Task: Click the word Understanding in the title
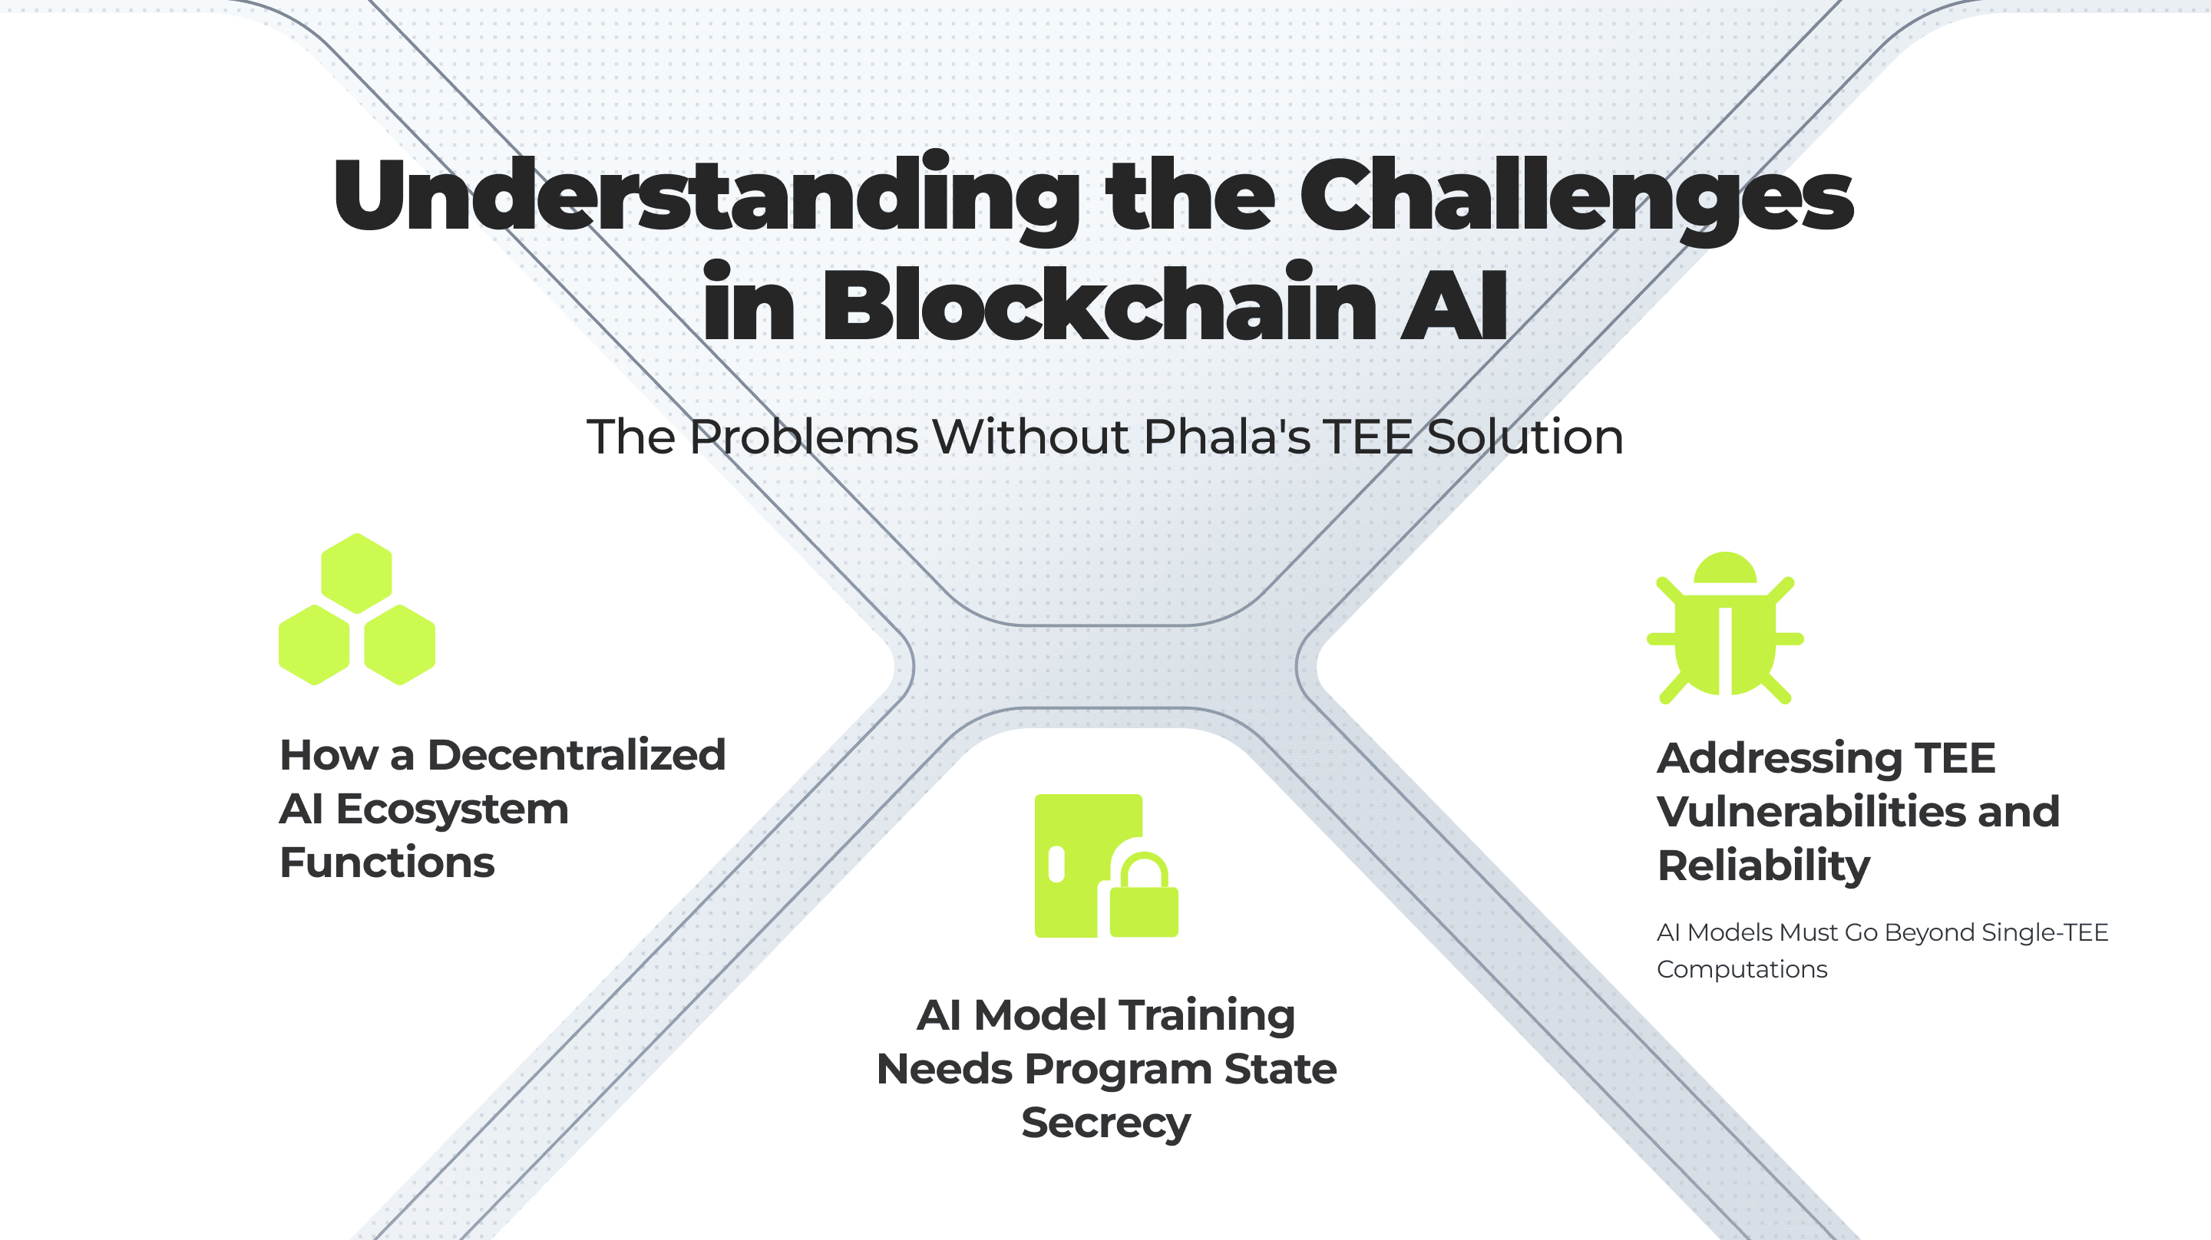pos(706,196)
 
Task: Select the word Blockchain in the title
pos(1099,302)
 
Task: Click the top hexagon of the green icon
pos(356,573)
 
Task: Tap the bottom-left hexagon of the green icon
pos(314,645)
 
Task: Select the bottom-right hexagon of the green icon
pos(399,645)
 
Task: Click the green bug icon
pos(1725,628)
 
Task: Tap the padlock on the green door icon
pos(1144,894)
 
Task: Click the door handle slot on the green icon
pos(1056,864)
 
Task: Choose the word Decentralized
pos(577,755)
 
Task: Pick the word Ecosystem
pos(451,810)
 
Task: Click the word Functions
pos(387,862)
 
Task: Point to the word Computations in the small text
pos(1741,970)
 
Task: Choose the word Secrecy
pos(1106,1123)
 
